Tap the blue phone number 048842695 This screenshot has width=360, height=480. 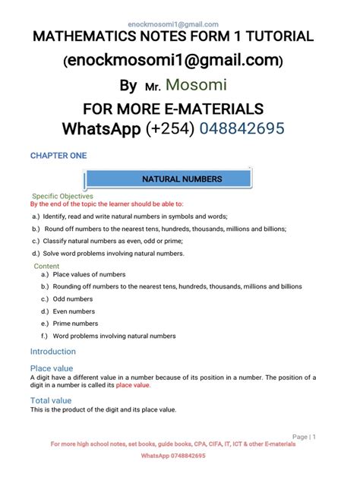[242, 129]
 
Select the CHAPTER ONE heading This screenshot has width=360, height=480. [58, 156]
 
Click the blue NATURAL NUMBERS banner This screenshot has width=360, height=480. [182, 179]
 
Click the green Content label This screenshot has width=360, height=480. [46, 267]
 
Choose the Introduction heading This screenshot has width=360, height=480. [52, 352]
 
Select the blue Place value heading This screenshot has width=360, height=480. [51, 368]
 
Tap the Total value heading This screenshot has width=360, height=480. [51, 400]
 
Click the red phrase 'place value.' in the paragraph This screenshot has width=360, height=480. [133, 385]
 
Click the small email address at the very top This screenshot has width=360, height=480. [179, 24]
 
